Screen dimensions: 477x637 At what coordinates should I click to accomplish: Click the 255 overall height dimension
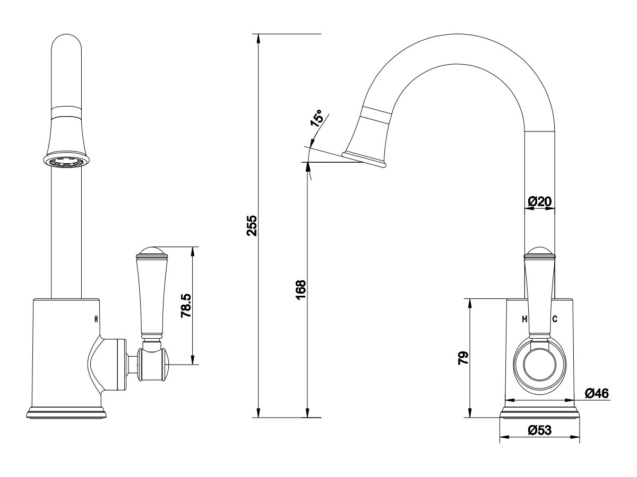(252, 225)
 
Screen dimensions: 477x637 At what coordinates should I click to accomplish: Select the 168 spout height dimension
(300, 290)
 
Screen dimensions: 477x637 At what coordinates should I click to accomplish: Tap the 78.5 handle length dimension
(186, 306)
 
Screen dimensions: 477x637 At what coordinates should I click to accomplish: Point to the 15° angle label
(317, 119)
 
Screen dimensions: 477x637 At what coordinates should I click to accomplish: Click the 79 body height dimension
(463, 358)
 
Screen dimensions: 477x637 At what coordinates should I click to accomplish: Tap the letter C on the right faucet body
(555, 319)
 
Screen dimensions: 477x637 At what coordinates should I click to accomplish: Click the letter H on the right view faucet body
(524, 319)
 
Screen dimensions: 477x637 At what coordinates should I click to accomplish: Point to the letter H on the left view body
(96, 319)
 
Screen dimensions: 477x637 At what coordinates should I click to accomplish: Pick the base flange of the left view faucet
(66, 413)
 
